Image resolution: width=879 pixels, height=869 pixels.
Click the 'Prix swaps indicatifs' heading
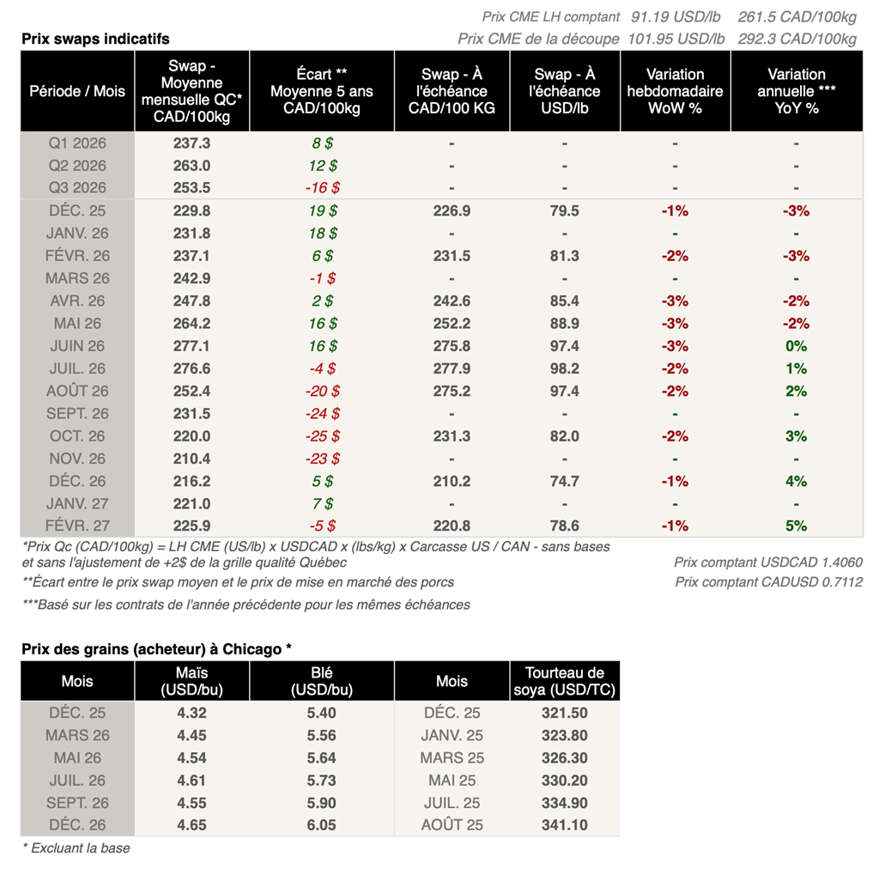click(x=95, y=39)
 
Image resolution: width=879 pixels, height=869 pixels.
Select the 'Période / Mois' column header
click(x=77, y=91)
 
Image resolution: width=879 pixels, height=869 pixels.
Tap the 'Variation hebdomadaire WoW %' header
click(x=675, y=91)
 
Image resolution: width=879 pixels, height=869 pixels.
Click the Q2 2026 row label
click(x=77, y=166)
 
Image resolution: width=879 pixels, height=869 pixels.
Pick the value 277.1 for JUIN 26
click(x=191, y=346)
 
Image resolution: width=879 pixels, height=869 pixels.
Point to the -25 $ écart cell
click(x=323, y=436)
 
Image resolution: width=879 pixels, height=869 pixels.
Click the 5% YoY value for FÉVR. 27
click(x=796, y=526)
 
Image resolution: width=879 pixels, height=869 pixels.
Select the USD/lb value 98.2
click(x=564, y=368)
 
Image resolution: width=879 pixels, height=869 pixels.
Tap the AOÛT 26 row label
click(x=77, y=391)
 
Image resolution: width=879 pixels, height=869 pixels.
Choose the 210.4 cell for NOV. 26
click(x=191, y=459)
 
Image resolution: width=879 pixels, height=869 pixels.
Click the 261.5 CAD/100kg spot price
click(x=797, y=16)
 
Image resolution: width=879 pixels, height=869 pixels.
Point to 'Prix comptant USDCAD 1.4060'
click(x=768, y=562)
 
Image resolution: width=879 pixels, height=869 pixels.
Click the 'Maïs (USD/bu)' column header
click(x=191, y=681)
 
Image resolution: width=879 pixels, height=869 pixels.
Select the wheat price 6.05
click(x=322, y=824)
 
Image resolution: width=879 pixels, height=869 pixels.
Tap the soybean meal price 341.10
click(x=565, y=824)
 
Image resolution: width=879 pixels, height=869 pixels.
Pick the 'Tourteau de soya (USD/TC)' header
click(x=565, y=681)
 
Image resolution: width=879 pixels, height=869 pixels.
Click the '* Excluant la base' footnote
click(x=76, y=848)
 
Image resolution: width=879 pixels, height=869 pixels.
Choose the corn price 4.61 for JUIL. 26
click(x=191, y=780)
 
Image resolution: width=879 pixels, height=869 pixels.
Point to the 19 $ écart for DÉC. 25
click(x=323, y=211)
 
